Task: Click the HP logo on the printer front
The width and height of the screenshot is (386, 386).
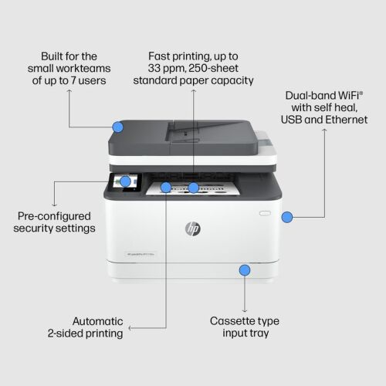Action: pos(193,229)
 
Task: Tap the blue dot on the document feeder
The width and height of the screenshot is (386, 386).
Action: pos(118,127)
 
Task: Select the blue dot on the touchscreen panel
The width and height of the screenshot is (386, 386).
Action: pos(125,182)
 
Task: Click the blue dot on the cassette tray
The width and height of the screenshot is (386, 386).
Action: pos(245,270)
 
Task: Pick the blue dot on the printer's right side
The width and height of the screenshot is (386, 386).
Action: pos(287,218)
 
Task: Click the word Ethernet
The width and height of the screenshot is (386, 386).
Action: pos(347,121)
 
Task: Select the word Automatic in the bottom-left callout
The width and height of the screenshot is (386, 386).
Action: pos(98,320)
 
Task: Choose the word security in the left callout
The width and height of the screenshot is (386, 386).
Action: pos(38,229)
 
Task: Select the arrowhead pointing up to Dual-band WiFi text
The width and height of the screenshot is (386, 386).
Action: pos(325,131)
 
